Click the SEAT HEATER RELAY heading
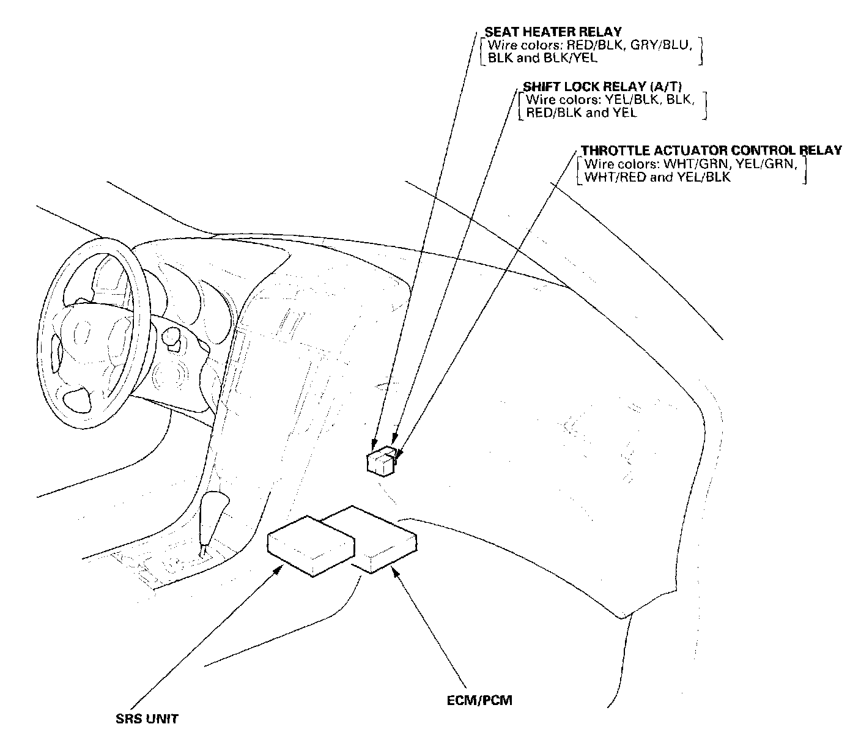coord(553,32)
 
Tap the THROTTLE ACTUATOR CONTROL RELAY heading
coord(711,150)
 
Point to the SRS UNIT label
coord(147,718)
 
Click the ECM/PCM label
coord(479,700)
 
